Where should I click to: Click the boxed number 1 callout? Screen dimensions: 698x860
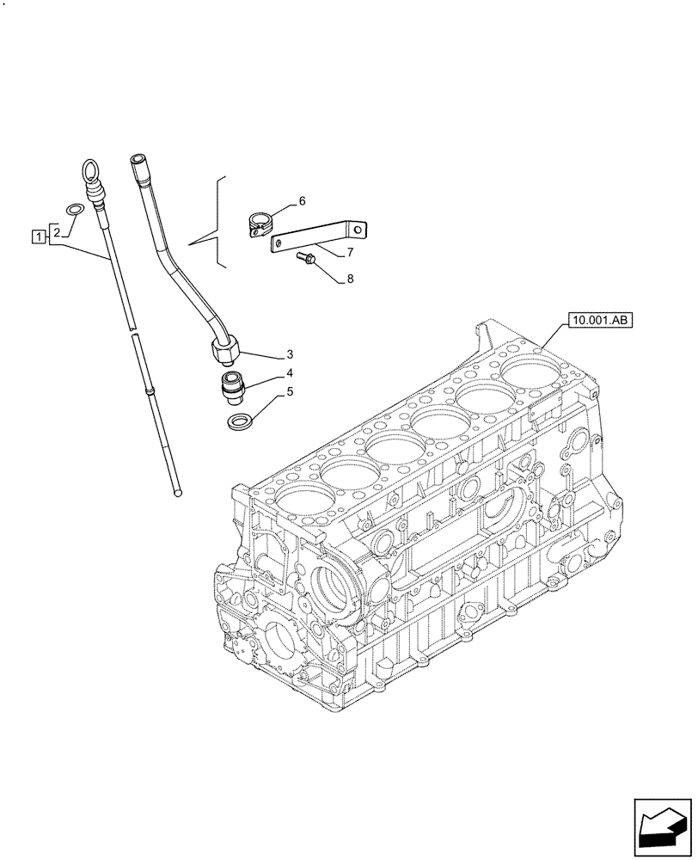coord(37,235)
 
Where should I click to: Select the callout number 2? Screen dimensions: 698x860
coord(56,231)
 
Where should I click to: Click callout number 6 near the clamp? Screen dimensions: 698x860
coord(302,201)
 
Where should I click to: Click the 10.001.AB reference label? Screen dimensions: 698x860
coord(599,322)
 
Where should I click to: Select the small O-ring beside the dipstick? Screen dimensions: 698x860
coord(76,208)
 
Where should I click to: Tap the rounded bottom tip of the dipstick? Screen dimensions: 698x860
coord(178,493)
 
